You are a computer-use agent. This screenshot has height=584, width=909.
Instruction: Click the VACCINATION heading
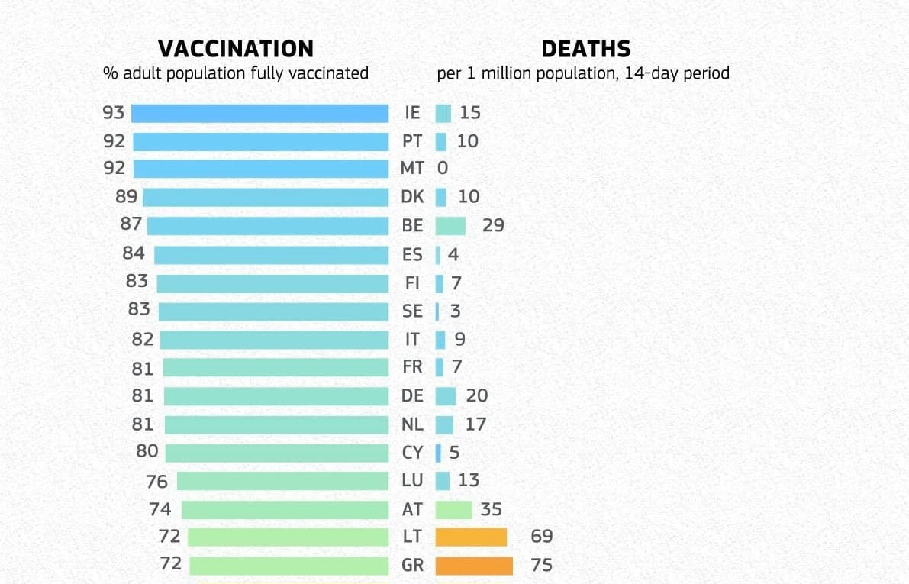[235, 49]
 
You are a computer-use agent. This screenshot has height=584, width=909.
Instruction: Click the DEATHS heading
[585, 49]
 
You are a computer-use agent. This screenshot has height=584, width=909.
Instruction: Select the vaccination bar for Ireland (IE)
[259, 113]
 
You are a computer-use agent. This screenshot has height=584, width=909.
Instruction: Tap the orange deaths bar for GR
[474, 566]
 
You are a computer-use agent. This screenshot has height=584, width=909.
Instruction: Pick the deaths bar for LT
[471, 537]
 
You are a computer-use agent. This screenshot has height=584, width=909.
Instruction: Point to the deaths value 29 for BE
[493, 226]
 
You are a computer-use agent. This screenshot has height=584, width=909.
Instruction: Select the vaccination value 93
[113, 113]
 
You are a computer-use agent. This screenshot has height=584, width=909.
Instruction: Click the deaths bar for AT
[453, 509]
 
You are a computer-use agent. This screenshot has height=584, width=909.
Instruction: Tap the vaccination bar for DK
[266, 197]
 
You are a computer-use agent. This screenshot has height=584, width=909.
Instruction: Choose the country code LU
[412, 481]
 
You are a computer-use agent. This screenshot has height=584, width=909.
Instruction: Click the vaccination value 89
[126, 197]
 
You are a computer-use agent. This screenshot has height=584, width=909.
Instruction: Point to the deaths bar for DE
[446, 396]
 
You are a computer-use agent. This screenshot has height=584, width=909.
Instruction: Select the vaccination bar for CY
[276, 453]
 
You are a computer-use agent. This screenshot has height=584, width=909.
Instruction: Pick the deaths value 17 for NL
[475, 424]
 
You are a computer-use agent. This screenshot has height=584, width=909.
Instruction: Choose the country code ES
[412, 254]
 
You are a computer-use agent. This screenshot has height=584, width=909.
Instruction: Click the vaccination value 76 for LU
[156, 481]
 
